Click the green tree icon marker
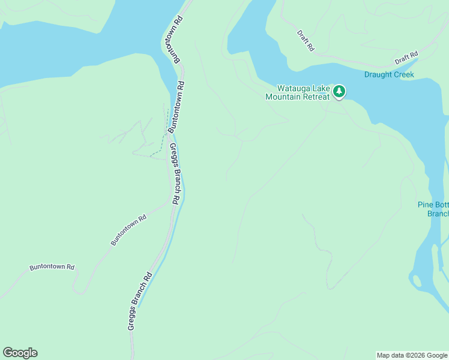(x=340, y=91)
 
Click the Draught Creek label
(x=389, y=75)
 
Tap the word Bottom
(x=441, y=205)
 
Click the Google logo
(x=20, y=353)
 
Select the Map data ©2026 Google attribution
(x=412, y=355)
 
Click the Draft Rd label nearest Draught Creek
(x=406, y=58)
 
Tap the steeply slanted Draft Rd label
(x=306, y=41)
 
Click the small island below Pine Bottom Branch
(x=415, y=280)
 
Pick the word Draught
(x=377, y=75)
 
